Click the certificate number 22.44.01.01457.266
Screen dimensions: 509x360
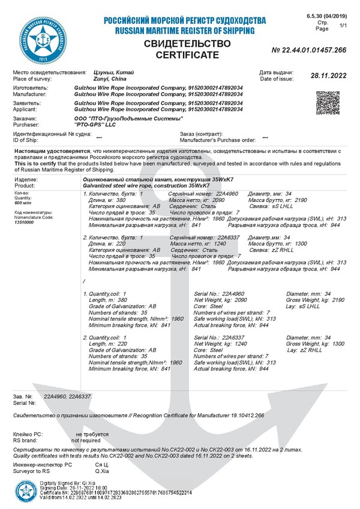point(309,50)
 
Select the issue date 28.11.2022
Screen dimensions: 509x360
point(329,76)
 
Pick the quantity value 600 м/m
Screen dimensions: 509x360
point(23,203)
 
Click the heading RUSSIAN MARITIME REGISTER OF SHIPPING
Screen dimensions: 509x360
point(184,30)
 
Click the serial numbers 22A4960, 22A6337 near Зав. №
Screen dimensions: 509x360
point(67,396)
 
